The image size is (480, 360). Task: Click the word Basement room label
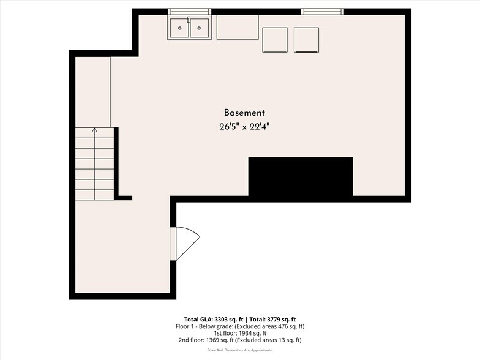[244, 113]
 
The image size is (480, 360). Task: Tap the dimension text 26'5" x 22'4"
[244, 127]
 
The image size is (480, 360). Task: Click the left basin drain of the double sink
[179, 28]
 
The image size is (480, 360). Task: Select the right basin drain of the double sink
[199, 28]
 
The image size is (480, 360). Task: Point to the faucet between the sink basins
[189, 20]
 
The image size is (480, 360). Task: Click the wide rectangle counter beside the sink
[238, 27]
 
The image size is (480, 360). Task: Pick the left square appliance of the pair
[275, 40]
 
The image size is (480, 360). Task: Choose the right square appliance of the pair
[306, 40]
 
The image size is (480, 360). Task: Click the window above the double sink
[190, 12]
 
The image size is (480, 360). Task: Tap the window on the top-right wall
[322, 12]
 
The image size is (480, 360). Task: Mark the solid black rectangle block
[300, 177]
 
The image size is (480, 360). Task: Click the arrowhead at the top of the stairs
[94, 130]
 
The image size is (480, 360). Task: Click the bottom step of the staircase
[94, 195]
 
